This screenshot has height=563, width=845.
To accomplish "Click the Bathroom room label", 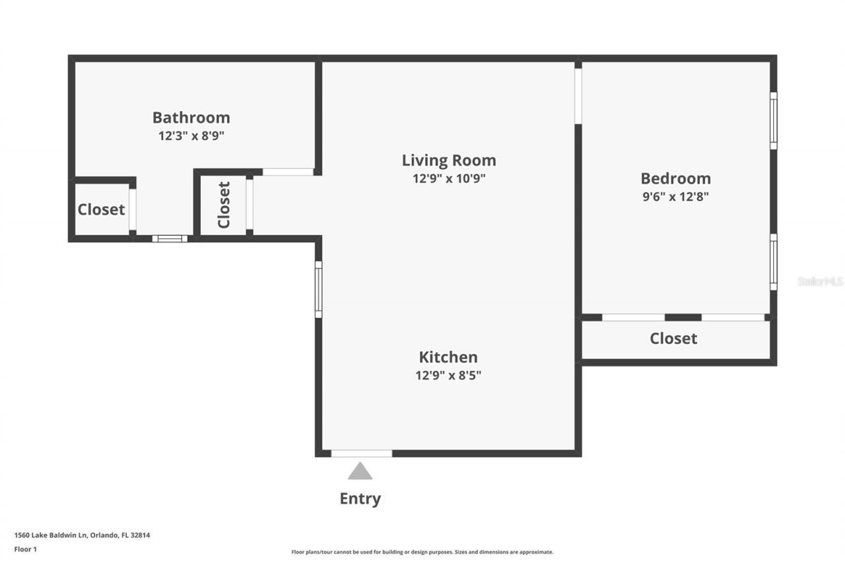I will (191, 117).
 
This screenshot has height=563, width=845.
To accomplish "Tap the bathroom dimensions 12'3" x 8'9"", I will (191, 137).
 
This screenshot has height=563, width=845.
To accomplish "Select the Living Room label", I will (449, 160).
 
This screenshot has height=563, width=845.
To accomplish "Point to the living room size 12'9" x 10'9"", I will (449, 178).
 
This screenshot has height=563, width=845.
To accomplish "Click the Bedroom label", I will (675, 178).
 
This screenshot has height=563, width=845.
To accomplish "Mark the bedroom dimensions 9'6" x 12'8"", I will (675, 196).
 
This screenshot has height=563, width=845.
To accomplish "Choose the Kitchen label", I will (448, 357).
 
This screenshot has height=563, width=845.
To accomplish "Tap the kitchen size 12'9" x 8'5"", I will (448, 376).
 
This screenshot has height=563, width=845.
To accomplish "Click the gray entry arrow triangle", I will (360, 471).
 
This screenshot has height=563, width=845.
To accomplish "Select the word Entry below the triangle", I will (360, 498).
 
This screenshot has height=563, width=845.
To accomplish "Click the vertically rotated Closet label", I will (224, 204).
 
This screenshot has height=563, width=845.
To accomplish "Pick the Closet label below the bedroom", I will (673, 339).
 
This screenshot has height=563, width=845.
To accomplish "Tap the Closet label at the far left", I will (101, 210).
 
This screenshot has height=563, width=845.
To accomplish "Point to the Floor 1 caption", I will (25, 548).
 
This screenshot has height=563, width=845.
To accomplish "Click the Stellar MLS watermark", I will (820, 281).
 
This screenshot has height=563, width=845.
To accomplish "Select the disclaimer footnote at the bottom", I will (422, 552).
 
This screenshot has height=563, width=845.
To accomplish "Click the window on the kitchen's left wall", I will (318, 289).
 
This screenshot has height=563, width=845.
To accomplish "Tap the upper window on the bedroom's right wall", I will (773, 120).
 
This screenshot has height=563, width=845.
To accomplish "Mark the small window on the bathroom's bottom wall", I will (170, 238).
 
